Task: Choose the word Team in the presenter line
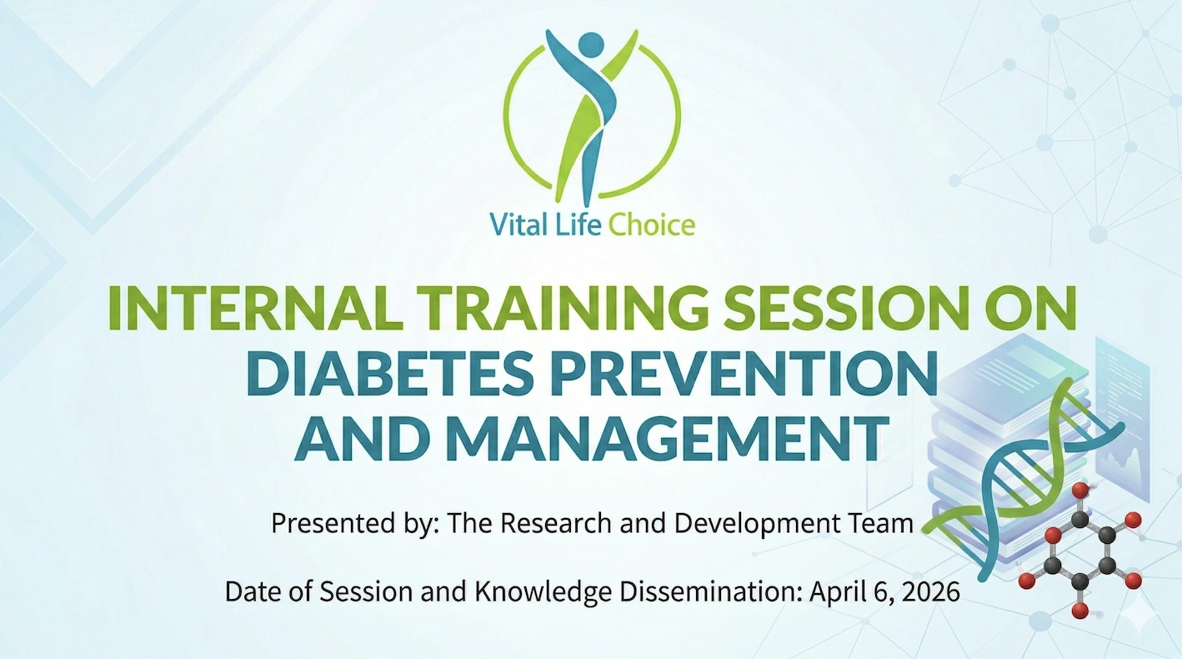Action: (x=880, y=523)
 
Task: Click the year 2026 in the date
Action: (x=931, y=591)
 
